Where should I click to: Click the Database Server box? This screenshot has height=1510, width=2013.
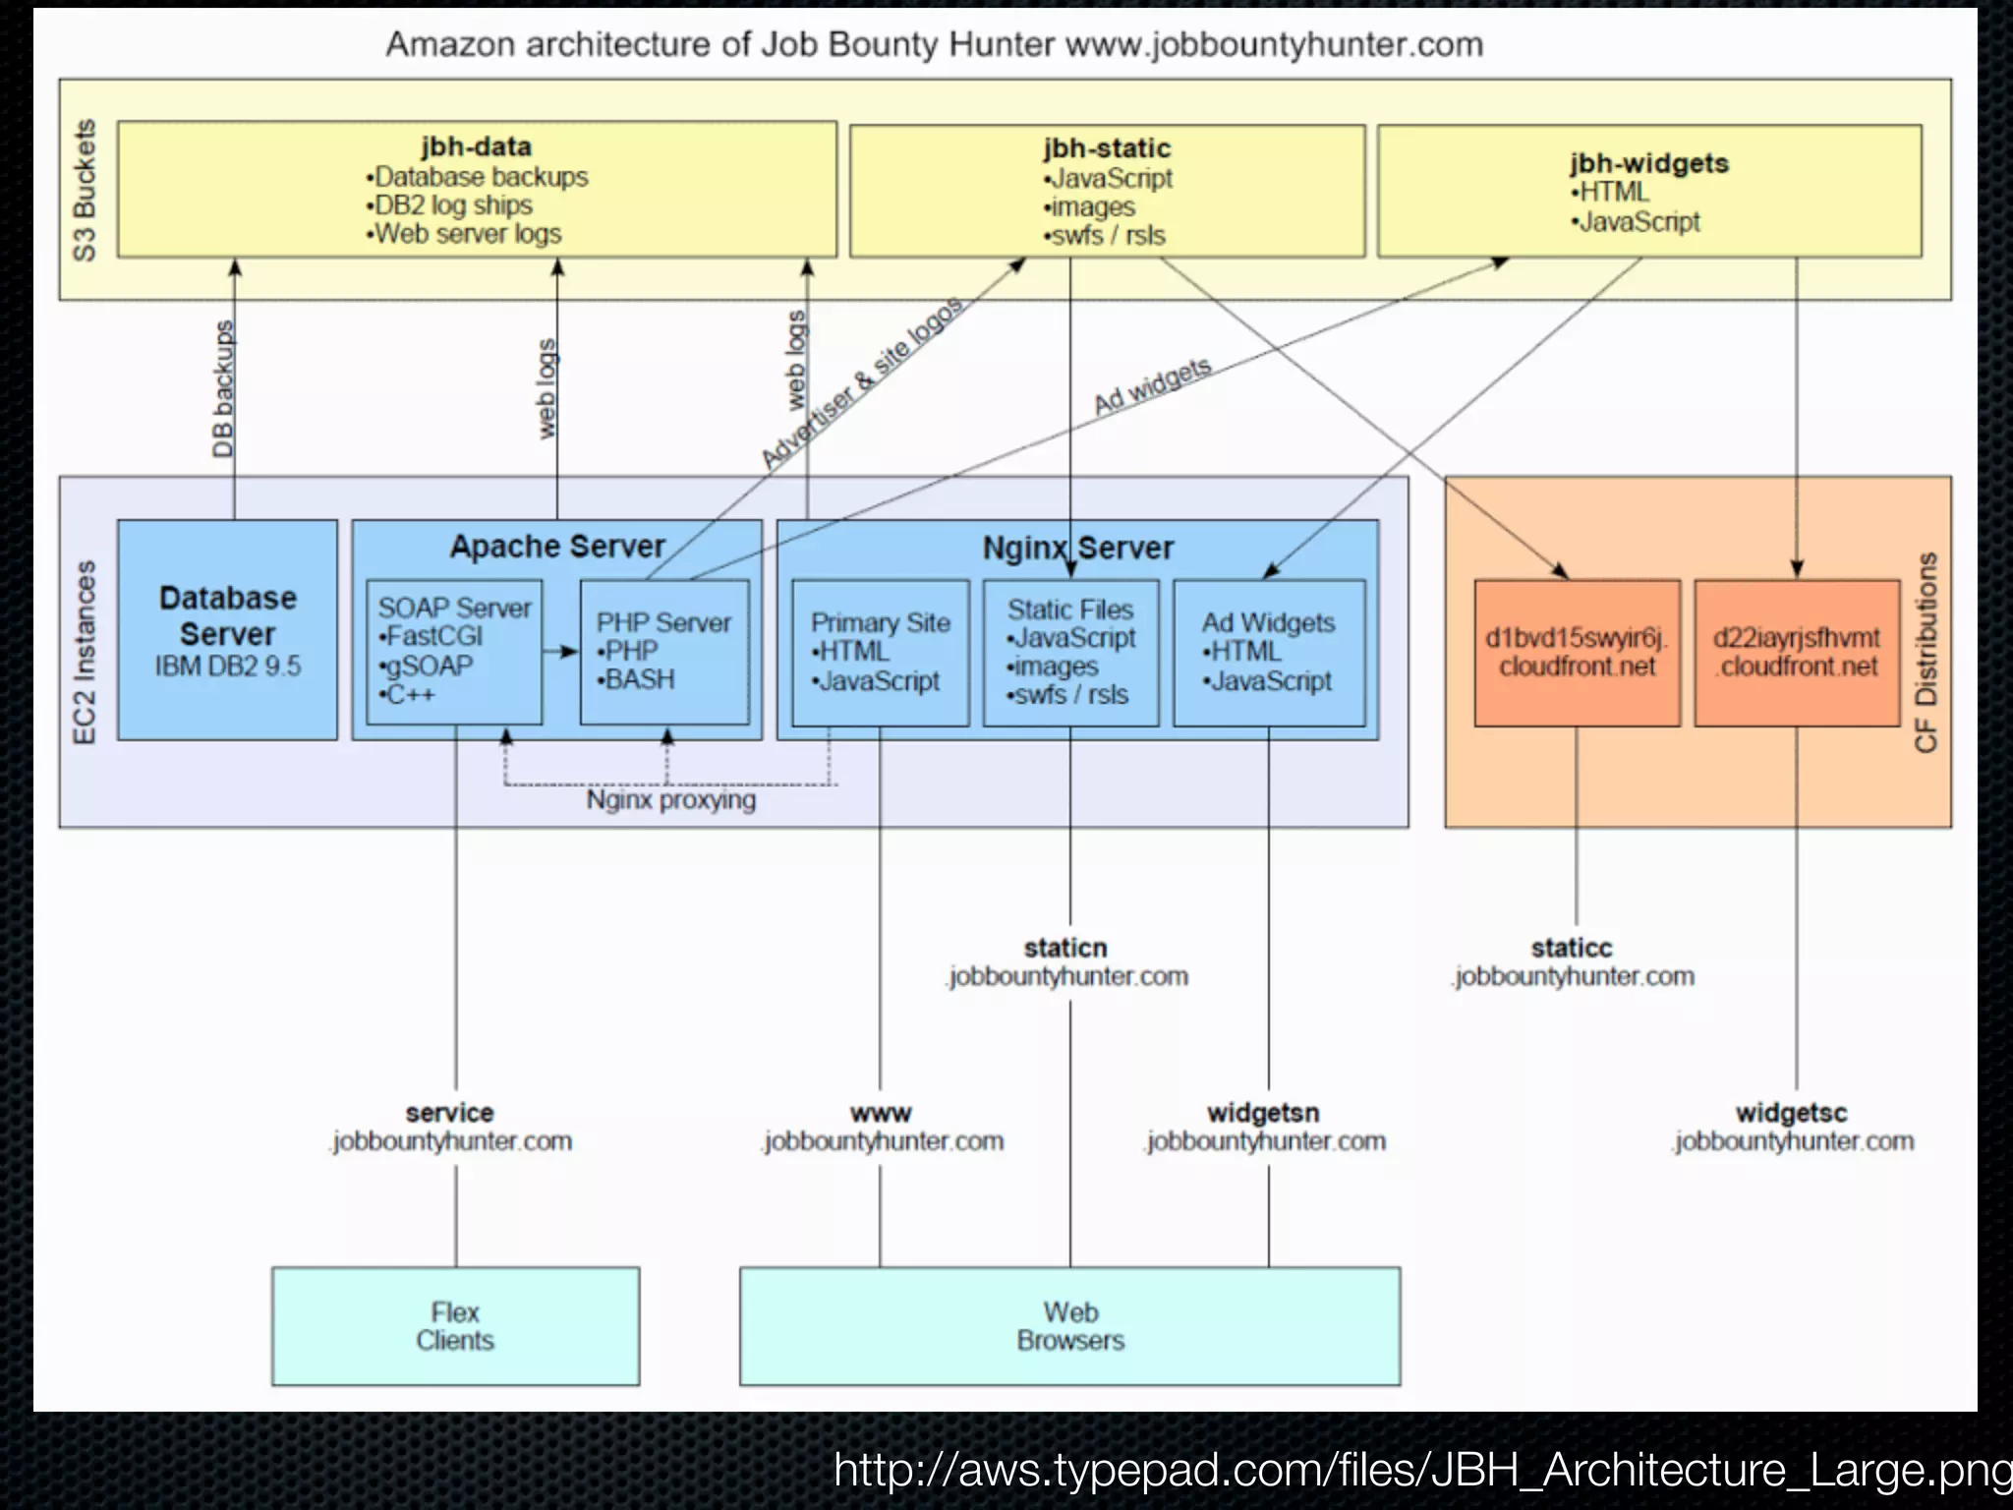point(227,630)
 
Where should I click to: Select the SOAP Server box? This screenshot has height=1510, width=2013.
point(454,652)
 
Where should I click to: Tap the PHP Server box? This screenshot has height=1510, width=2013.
point(664,652)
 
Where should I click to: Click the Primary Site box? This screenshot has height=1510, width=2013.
point(880,652)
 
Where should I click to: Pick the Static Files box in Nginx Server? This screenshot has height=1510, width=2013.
point(1070,652)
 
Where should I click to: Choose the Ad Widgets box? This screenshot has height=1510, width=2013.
point(1269,652)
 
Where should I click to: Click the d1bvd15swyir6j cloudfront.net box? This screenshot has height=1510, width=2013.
point(1577,653)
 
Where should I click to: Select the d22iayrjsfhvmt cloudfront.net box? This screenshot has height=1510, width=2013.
point(1797,653)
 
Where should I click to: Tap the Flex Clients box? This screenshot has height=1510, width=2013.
point(455,1326)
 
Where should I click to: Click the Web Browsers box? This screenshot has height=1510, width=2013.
point(1070,1326)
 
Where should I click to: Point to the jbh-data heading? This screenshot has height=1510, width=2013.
point(477,146)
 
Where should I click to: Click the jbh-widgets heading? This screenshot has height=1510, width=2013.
point(1649,163)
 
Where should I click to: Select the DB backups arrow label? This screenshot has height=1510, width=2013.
point(224,389)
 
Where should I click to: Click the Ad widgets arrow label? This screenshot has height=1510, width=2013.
point(1152,385)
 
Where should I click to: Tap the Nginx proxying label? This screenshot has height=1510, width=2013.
point(671,800)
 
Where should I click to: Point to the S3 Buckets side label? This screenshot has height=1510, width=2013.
point(86,190)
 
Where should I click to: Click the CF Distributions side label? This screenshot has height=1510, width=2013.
point(1927,653)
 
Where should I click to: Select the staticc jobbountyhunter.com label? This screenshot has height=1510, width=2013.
point(1573,962)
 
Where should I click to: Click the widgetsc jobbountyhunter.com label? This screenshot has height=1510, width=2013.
point(1793,1128)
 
